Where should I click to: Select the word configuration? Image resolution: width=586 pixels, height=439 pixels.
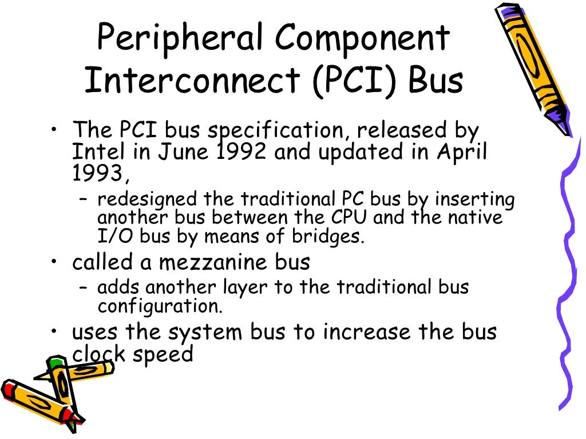pyautogui.click(x=159, y=306)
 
